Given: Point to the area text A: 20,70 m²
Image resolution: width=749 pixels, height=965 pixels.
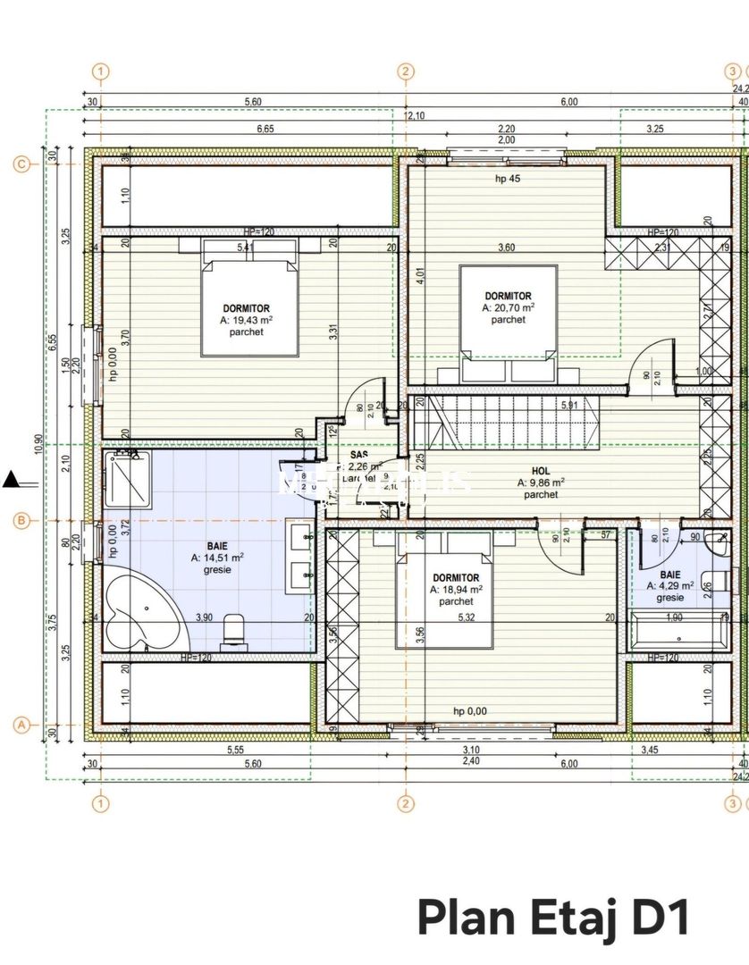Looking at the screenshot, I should (x=508, y=307).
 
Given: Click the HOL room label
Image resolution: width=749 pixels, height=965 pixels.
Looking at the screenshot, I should (x=541, y=471).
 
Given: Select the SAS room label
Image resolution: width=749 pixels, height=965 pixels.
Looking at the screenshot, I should (x=359, y=455).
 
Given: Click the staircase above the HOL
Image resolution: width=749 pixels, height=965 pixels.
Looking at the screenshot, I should (x=505, y=424).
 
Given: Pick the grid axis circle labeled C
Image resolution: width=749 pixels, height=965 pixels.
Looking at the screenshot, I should (x=23, y=164).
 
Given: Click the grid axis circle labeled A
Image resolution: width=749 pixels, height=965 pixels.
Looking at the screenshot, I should (x=23, y=725).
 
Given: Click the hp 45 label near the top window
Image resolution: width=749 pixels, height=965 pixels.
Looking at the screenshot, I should (x=508, y=179).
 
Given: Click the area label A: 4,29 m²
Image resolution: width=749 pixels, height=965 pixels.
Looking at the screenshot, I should (x=670, y=587).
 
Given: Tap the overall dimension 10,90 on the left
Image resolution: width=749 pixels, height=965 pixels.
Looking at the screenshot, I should (x=38, y=444).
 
